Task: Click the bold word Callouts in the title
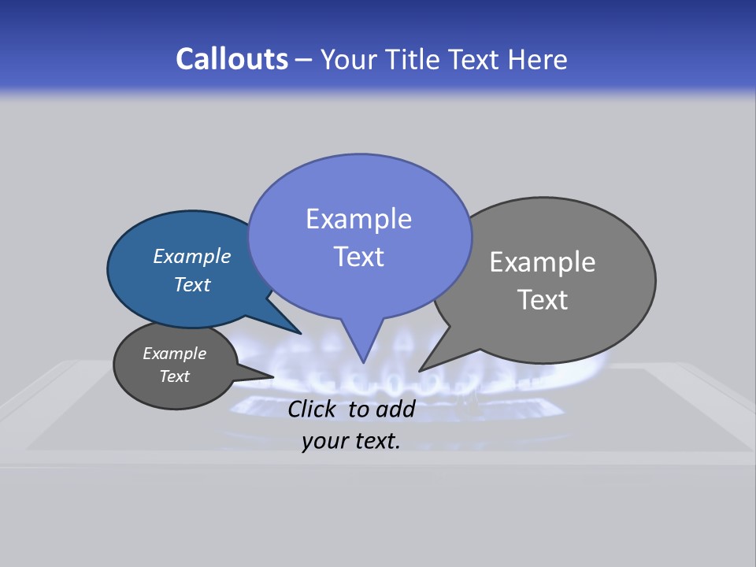click(232, 59)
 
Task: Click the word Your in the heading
click(352, 59)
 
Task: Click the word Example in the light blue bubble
click(359, 219)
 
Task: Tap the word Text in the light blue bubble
click(359, 257)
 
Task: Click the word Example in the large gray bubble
click(543, 262)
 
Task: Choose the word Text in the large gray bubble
click(543, 300)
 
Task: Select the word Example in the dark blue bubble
click(192, 256)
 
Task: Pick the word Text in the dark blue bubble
click(192, 284)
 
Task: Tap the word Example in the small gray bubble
click(175, 354)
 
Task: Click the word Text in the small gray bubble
click(175, 376)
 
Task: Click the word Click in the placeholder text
click(313, 409)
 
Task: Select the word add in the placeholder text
click(395, 409)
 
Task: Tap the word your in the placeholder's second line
click(324, 441)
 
